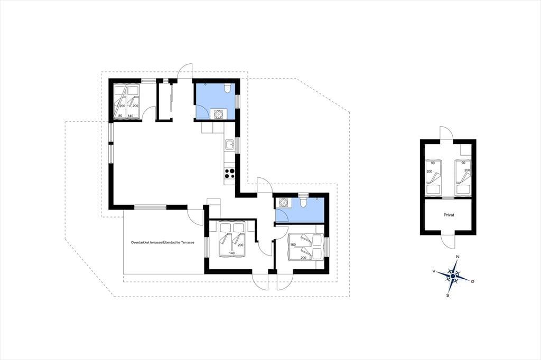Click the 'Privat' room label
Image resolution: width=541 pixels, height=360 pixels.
coord(449,215)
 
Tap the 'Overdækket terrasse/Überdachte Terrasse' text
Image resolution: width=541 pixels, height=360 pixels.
coord(163,242)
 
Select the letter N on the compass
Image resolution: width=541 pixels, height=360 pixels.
coord(458,257)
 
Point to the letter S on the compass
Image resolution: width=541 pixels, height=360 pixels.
coord(448,295)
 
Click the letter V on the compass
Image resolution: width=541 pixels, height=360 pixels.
coord(433,271)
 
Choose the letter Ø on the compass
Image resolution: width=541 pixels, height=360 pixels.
coord(472,282)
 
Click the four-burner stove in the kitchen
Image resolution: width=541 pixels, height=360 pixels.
coord(230,174)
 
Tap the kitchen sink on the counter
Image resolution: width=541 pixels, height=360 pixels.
coord(229,146)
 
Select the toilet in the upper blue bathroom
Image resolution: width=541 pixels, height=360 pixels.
coord(227,88)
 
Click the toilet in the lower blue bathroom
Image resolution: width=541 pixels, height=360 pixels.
coord(303,202)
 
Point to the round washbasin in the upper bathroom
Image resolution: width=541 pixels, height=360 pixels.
coord(218,114)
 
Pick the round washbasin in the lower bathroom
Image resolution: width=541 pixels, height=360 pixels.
coord(284,202)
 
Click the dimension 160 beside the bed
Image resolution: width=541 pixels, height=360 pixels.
coord(293,245)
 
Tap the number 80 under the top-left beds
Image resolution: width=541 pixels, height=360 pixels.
coord(120,116)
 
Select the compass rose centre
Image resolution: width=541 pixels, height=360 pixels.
coord(452,276)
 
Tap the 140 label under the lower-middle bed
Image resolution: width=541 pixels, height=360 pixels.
coord(231,253)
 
